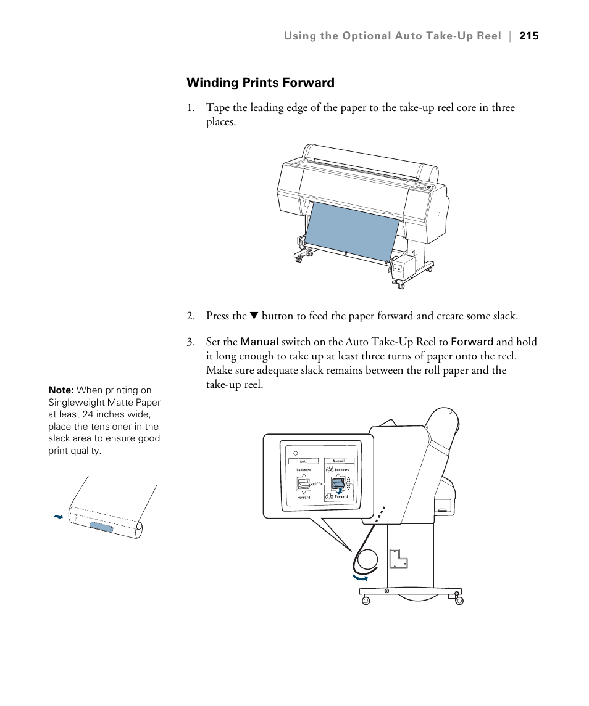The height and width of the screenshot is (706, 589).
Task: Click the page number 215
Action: (x=528, y=36)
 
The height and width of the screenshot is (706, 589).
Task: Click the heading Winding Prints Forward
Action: (x=260, y=83)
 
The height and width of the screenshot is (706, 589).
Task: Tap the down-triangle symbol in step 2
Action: (x=253, y=316)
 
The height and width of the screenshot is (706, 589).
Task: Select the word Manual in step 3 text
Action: (x=259, y=342)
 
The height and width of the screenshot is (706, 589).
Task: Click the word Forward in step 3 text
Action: (x=472, y=342)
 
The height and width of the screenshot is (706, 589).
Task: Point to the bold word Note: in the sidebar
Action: (x=61, y=390)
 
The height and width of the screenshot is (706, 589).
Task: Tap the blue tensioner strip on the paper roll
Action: (x=101, y=527)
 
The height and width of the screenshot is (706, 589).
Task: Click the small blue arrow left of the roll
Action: (x=59, y=517)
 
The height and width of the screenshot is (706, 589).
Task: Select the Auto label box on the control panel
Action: (x=303, y=461)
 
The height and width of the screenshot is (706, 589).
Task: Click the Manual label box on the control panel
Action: (x=339, y=461)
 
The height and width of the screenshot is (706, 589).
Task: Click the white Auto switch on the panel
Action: (x=304, y=483)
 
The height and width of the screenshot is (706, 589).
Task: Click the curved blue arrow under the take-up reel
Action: (x=360, y=578)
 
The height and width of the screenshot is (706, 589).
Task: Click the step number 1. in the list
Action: (x=191, y=108)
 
